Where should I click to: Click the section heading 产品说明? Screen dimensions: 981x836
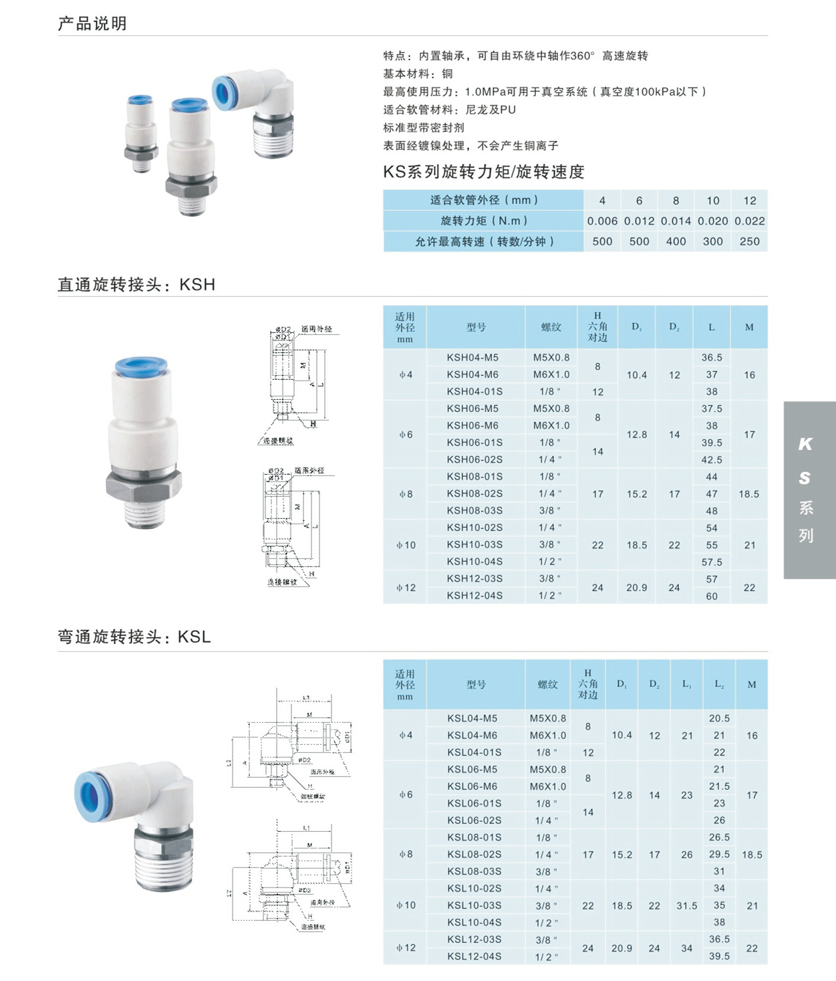[x=92, y=24]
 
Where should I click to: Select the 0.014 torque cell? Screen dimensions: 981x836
[x=676, y=221]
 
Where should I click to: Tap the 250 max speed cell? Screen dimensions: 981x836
[x=749, y=241]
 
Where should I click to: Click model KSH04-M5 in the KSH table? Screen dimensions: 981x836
[x=472, y=358]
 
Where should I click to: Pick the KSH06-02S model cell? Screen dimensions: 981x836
[x=474, y=459]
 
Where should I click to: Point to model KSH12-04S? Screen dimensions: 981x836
[x=474, y=595]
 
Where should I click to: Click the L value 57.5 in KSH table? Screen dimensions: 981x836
[x=712, y=562]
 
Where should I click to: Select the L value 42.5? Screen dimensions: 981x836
[x=712, y=460]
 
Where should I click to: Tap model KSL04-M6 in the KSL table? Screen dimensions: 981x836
[x=472, y=736]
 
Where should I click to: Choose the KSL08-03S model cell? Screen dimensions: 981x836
[x=474, y=871]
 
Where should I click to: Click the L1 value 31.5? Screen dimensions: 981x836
[x=686, y=905]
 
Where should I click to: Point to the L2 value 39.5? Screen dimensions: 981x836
[x=719, y=956]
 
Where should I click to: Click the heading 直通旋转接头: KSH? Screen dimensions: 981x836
[x=136, y=285]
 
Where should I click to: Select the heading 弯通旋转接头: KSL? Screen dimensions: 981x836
[x=134, y=637]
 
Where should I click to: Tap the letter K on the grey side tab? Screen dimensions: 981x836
[x=805, y=444]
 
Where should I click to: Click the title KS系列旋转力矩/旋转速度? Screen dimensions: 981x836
[x=484, y=172]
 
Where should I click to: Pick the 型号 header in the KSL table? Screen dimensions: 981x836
[x=476, y=684]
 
